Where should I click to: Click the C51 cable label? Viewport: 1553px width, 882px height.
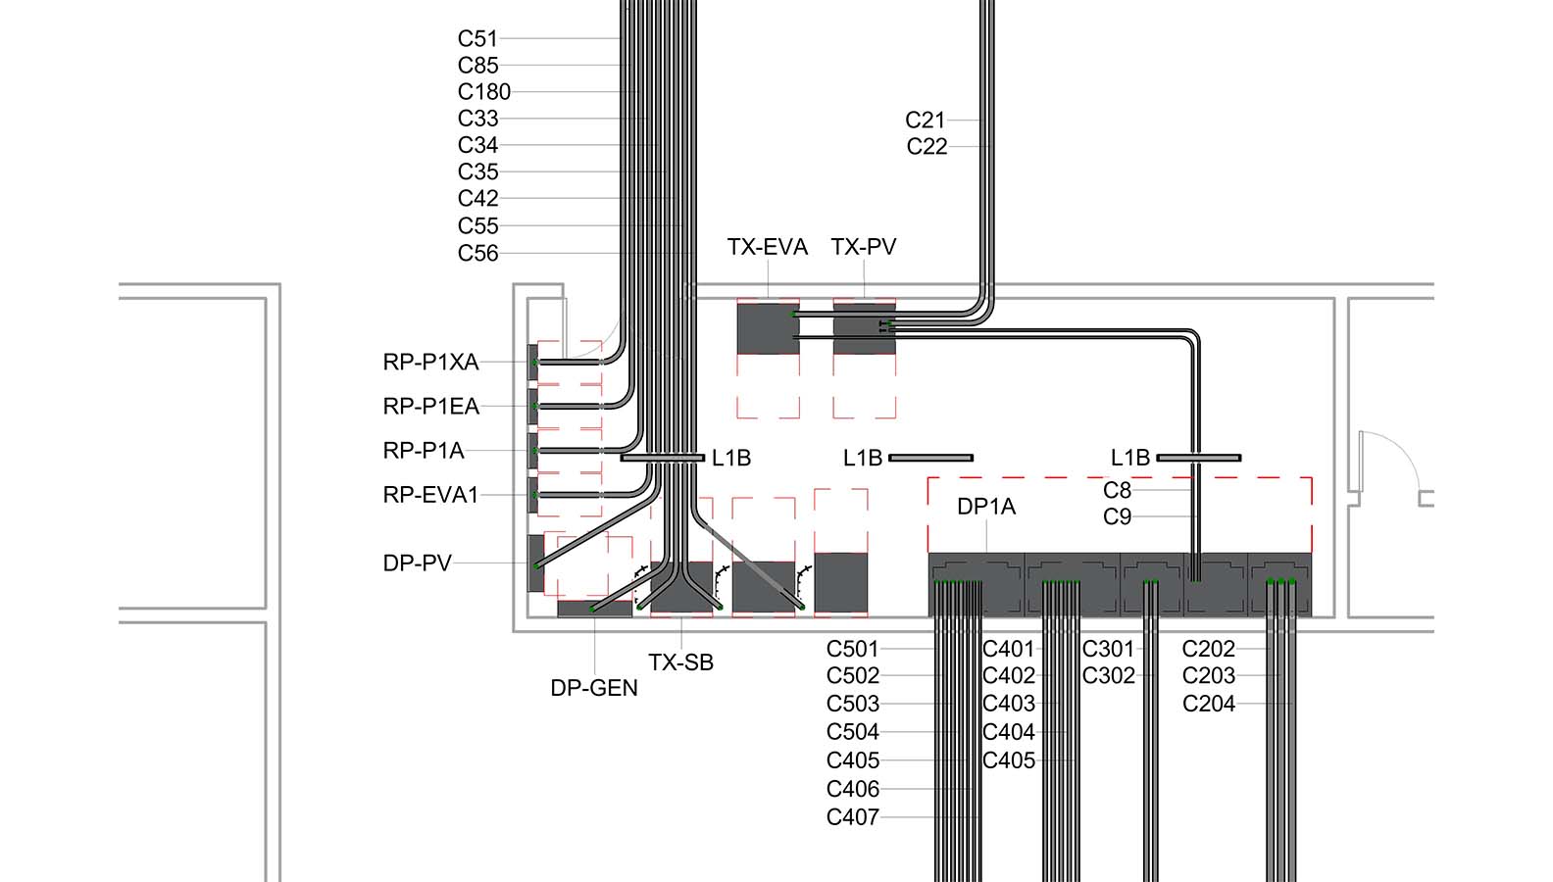[477, 39]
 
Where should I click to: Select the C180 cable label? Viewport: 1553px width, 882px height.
[483, 92]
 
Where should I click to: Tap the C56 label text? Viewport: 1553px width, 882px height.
[477, 254]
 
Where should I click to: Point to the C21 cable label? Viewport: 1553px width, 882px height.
[925, 121]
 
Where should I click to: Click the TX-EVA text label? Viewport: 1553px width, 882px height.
[767, 247]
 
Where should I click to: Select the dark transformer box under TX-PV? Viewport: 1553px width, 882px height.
[864, 328]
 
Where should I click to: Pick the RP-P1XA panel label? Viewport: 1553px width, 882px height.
[430, 363]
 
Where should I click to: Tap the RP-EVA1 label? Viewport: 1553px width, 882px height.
[430, 496]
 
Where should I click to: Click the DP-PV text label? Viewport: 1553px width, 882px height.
[417, 563]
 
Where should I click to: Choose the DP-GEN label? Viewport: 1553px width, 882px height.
[593, 689]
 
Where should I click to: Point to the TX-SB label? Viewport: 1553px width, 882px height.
[680, 663]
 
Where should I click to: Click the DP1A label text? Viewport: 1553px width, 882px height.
[986, 508]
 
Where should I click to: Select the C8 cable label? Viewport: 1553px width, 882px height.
[1117, 490]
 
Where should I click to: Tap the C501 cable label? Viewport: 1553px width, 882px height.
[852, 649]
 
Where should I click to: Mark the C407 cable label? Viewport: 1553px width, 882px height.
[852, 817]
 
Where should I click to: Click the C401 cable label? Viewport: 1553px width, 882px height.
[1008, 649]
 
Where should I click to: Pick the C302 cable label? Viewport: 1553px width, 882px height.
[1108, 676]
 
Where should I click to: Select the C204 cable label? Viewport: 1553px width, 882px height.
[1208, 704]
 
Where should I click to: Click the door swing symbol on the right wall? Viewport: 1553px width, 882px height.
[1389, 461]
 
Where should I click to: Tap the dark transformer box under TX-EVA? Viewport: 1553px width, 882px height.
[768, 328]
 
